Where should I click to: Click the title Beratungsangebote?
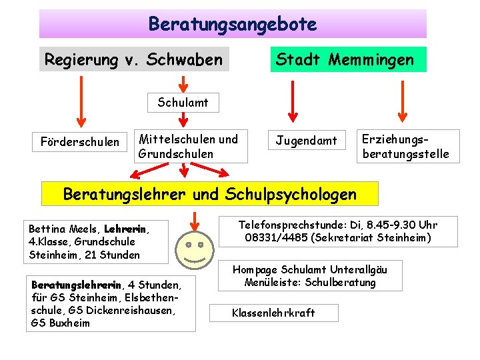tap(233, 25)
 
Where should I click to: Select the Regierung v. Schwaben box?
tap(133, 59)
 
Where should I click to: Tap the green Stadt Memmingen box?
tap(345, 59)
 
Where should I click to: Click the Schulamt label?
tap(183, 103)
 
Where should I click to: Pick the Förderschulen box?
tap(80, 141)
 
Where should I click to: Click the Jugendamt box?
tap(307, 141)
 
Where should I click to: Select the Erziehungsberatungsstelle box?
tap(405, 147)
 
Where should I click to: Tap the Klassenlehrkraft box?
tap(273, 313)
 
